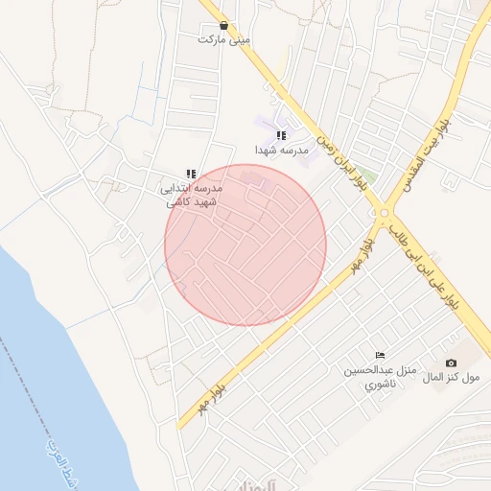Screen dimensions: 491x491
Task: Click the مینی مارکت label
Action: point(223,40)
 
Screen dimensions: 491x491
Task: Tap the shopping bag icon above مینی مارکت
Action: point(223,26)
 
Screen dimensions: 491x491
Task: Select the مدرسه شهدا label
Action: point(281,151)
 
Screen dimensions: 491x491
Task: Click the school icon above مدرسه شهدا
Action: point(281,136)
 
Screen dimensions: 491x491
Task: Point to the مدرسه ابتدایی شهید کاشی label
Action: point(192,195)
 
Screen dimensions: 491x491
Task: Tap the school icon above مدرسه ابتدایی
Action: point(191,174)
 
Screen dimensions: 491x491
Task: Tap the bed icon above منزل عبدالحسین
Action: point(380,355)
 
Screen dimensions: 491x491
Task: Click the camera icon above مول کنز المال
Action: point(451,362)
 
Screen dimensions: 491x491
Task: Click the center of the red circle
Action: point(245,245)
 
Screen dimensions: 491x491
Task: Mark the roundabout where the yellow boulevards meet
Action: point(385,213)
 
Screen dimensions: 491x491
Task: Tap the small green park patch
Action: point(368,176)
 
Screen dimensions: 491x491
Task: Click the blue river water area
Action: point(48,384)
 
